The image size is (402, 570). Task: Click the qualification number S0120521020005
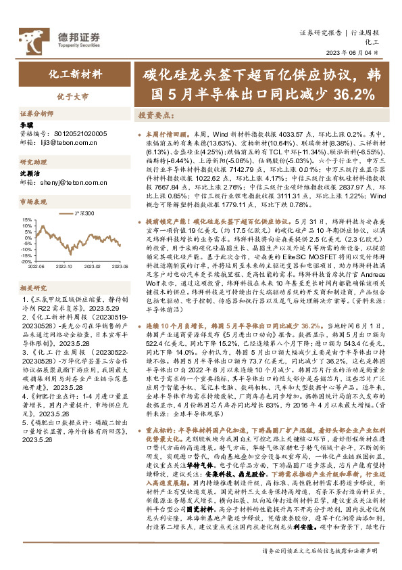click(x=75, y=135)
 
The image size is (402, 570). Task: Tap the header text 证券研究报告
click(x=320, y=32)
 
